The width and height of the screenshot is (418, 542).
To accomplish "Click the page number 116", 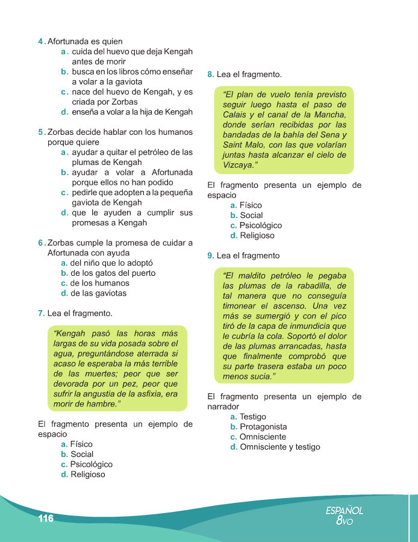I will (x=46, y=519).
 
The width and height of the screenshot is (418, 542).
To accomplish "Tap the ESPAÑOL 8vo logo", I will (x=344, y=516).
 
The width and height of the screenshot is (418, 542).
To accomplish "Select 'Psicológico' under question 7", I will (x=91, y=464).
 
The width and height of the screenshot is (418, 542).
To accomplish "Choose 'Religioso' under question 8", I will (x=257, y=235).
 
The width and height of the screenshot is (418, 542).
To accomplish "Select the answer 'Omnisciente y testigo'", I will (x=279, y=447).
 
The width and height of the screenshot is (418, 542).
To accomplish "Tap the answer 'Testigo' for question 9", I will (x=252, y=417).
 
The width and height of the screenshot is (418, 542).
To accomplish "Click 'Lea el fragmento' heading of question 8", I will (x=249, y=75).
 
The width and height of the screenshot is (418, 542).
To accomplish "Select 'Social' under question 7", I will (x=82, y=454).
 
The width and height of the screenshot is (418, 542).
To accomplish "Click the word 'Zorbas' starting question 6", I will (x=60, y=243).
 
